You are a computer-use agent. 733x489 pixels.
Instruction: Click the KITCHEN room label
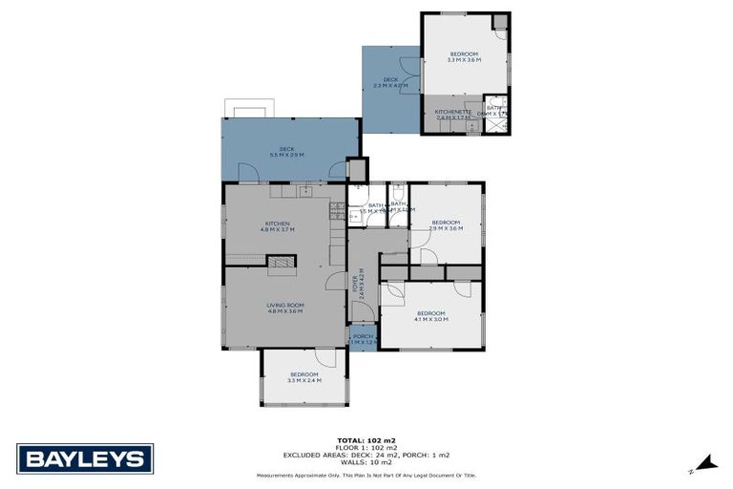click(278, 226)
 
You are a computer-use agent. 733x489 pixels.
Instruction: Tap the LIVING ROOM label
click(284, 307)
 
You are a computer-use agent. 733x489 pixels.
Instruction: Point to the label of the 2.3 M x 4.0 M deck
click(390, 82)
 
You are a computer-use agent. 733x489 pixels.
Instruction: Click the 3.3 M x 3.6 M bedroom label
click(464, 56)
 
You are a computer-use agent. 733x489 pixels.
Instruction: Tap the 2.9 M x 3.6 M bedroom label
click(446, 225)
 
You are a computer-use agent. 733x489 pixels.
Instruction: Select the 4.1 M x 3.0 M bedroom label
click(430, 316)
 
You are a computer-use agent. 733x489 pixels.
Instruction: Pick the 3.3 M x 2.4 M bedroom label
click(304, 376)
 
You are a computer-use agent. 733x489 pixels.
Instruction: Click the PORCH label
click(363, 338)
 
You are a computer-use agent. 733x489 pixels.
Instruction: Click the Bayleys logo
click(85, 458)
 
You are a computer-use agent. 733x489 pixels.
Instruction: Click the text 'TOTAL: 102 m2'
click(366, 440)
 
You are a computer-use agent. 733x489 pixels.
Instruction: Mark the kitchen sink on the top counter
click(304, 191)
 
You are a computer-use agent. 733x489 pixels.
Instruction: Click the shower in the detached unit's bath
click(496, 106)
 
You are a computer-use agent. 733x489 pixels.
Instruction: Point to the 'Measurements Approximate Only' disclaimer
click(366, 475)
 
